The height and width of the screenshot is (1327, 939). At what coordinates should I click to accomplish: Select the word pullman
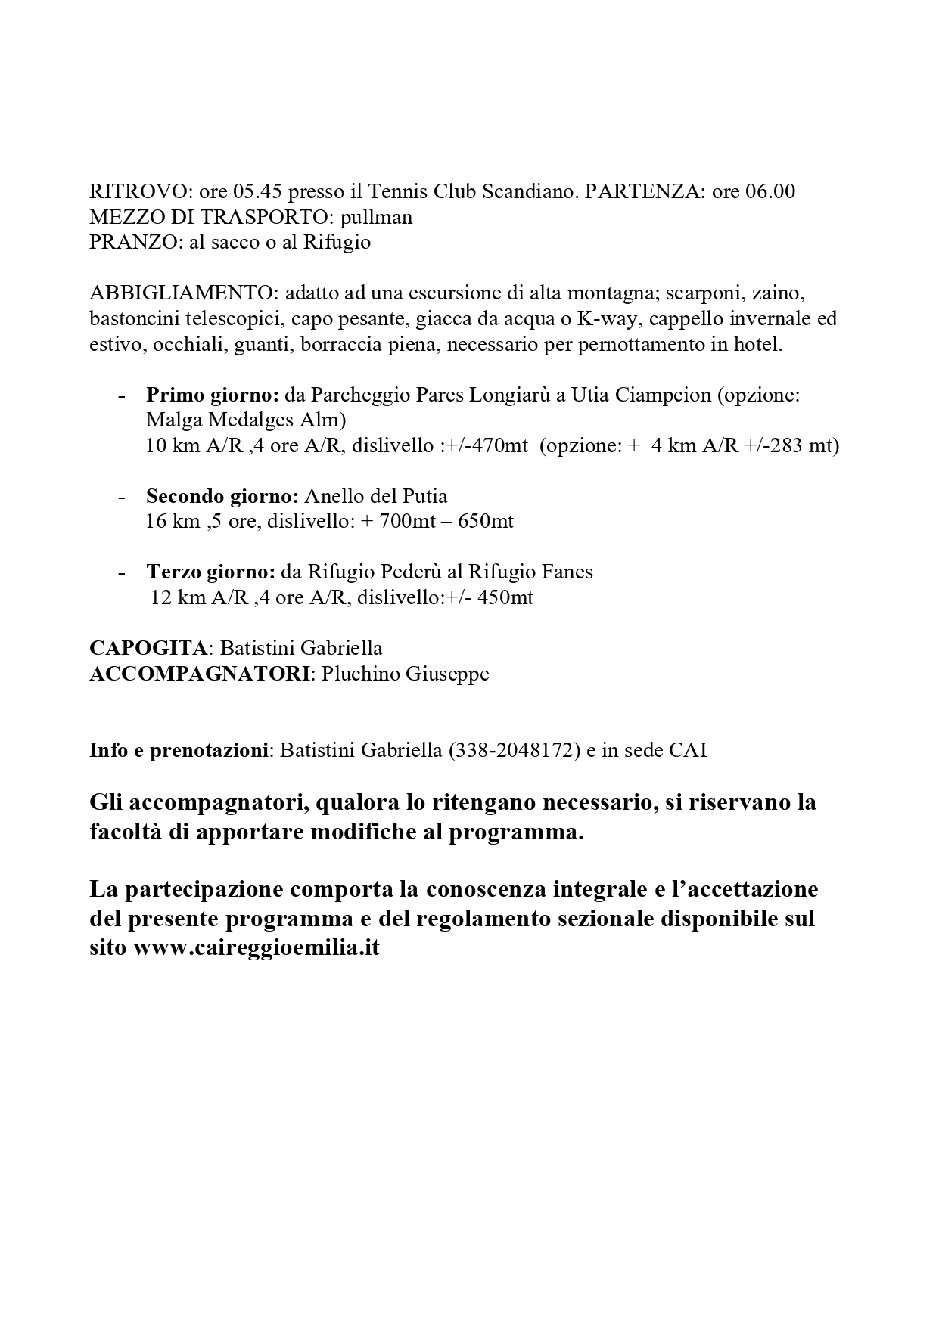click(x=376, y=217)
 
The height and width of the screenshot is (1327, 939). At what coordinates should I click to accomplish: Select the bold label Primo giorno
click(x=213, y=395)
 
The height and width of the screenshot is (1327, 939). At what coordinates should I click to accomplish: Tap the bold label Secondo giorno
click(x=222, y=496)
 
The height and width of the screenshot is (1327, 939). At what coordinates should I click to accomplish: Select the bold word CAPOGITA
click(x=148, y=648)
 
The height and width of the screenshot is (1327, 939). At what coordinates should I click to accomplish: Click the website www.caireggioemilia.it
click(x=257, y=947)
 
